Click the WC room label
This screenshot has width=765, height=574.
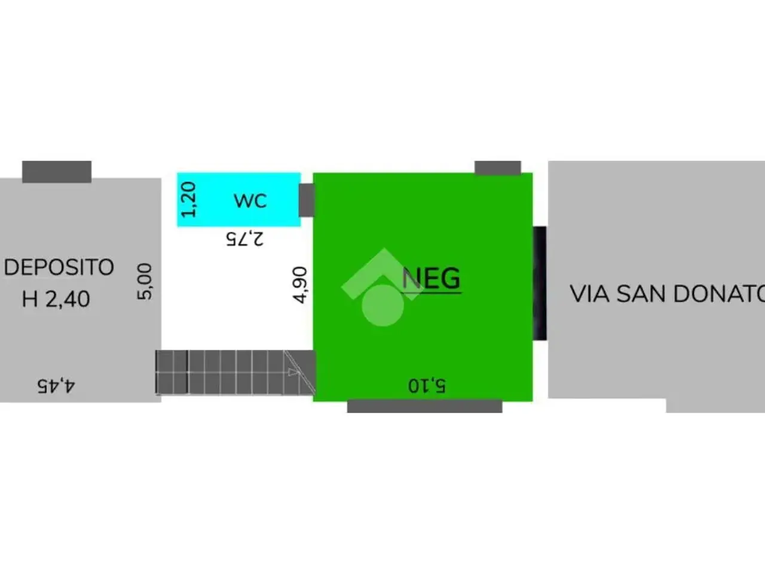tap(250, 201)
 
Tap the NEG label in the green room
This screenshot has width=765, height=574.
tap(432, 278)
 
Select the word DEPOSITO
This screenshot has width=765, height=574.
tap(59, 267)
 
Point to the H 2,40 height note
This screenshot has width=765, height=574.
tap(56, 299)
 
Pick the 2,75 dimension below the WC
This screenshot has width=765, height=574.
tap(244, 239)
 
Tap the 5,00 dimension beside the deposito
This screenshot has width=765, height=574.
tap(145, 282)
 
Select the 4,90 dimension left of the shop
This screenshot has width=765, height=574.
tap(300, 285)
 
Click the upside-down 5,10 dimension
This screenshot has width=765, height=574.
tap(427, 386)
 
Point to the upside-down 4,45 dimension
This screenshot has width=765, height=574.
tap(56, 386)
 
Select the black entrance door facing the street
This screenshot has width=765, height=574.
tap(540, 283)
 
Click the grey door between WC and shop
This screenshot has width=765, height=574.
tap(307, 200)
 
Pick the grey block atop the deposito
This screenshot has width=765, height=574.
tap(57, 172)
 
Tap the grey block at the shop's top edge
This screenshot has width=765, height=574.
tap(498, 167)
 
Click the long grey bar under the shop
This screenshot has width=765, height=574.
tap(424, 407)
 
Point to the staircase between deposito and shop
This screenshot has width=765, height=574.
tap(235, 373)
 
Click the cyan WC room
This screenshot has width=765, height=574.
tap(238, 200)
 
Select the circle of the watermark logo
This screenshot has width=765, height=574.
tap(382, 306)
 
